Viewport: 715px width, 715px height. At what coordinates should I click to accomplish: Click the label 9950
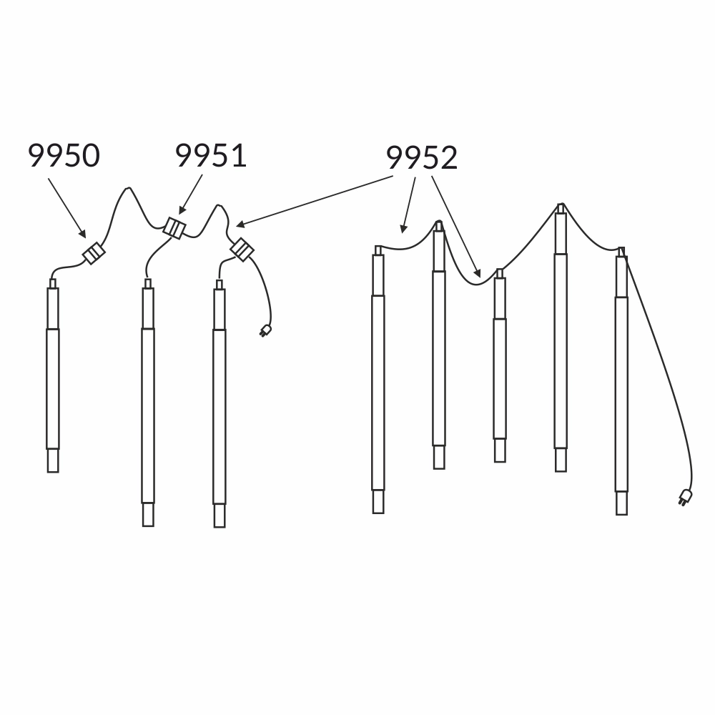point(64,155)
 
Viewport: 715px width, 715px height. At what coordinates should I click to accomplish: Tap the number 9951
point(211,155)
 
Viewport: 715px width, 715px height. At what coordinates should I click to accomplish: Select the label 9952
point(422,158)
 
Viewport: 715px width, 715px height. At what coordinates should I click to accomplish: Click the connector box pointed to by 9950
point(94,253)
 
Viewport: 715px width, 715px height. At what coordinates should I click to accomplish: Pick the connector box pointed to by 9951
point(174,228)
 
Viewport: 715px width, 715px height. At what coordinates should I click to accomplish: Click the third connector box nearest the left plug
point(242,250)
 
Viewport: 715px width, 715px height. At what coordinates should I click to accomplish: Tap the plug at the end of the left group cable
point(265,330)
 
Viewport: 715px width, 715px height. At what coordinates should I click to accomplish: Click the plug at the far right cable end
point(684,497)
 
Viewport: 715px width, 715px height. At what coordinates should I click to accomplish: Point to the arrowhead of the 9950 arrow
point(82,234)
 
